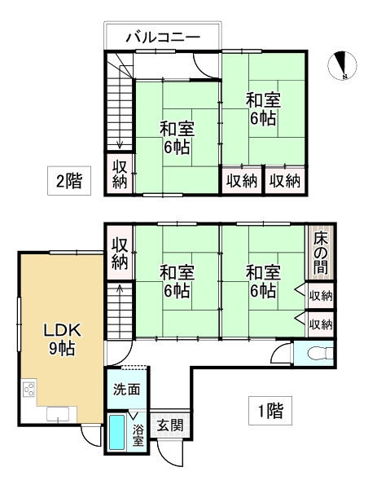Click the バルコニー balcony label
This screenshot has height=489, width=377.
(163, 37)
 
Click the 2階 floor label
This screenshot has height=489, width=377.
(69, 181)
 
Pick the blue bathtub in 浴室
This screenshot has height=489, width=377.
(118, 434)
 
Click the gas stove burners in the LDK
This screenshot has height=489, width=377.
(30, 390)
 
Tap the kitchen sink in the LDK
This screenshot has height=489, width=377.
(61, 416)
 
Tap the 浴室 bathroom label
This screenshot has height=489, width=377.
(138, 434)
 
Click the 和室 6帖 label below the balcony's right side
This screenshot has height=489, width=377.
(262, 108)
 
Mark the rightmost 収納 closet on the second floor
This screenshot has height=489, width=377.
(286, 180)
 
